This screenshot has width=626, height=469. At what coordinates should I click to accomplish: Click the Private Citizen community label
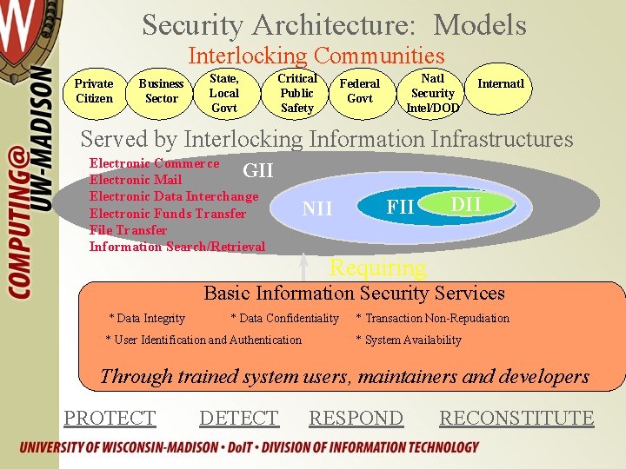coord(94,91)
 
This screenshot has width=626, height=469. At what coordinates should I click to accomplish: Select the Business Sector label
coord(161,91)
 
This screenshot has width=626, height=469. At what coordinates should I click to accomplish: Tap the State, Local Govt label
coord(224,93)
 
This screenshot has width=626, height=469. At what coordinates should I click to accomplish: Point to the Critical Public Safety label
coord(296,93)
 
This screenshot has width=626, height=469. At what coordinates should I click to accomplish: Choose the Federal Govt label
coord(359,91)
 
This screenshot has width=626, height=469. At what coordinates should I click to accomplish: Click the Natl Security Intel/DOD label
coord(432,93)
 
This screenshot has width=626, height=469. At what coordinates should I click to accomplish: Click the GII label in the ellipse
coord(257,170)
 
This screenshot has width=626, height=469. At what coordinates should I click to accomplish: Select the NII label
coord(317,208)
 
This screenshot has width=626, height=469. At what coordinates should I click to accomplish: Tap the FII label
coord(400,208)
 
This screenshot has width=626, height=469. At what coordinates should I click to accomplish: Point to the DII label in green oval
coord(466,203)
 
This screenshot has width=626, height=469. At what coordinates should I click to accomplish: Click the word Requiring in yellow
coord(377,268)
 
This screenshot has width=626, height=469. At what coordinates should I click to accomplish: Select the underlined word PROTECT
coord(110,418)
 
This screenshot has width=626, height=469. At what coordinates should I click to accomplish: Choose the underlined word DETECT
coord(239,418)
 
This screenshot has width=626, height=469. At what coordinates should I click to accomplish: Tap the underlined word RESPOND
coord(356,418)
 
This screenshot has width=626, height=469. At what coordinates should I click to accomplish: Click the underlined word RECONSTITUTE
coord(516,418)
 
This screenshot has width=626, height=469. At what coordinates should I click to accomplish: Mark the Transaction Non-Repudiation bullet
coord(433,319)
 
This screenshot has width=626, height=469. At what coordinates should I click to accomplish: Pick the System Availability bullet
coord(409,340)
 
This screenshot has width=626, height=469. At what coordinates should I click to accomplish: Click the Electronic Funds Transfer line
coord(168,214)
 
